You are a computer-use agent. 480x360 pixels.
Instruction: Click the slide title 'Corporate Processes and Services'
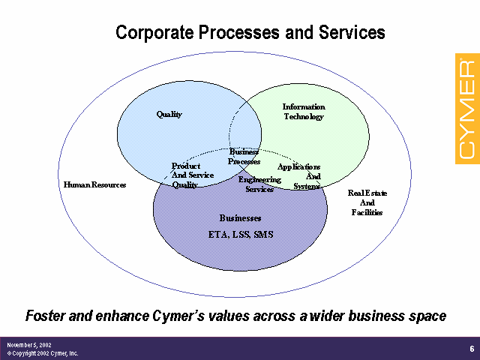(250, 33)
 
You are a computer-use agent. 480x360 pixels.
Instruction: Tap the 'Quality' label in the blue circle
(169, 115)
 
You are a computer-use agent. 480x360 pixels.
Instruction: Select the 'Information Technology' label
(303, 112)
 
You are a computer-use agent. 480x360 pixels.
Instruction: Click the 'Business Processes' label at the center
(244, 157)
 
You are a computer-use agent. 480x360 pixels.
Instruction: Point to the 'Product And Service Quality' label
(192, 175)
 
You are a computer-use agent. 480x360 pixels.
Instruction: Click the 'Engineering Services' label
(259, 184)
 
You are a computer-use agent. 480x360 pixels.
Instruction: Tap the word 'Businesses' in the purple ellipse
(240, 218)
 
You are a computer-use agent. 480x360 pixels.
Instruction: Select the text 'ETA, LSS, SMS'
(241, 235)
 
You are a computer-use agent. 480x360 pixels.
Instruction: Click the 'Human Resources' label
(94, 184)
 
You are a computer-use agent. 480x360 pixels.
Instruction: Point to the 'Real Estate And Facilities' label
(367, 202)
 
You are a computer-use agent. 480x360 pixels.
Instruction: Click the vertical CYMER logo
(466, 106)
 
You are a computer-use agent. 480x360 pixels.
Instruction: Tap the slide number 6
(471, 348)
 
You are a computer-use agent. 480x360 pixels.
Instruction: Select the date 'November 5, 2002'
(28, 344)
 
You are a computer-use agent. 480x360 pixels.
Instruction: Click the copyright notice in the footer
(43, 353)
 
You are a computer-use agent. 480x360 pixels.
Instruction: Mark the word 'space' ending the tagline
(427, 316)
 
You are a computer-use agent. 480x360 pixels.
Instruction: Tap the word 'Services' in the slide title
(353, 33)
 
